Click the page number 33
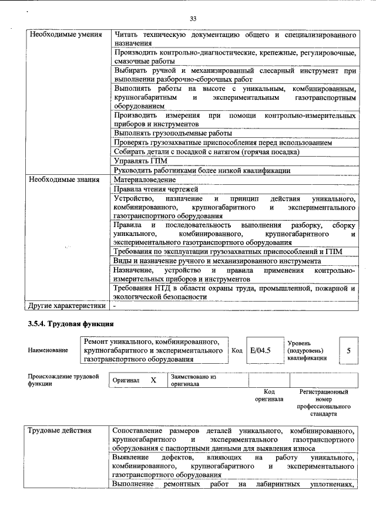(193, 19)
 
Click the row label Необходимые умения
(59, 35)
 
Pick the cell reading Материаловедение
(145, 180)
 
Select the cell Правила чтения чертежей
(155, 190)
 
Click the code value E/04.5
(260, 350)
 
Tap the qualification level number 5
(348, 350)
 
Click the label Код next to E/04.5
(237, 350)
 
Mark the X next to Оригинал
(153, 380)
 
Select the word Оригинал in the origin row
(126, 381)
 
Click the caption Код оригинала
(269, 395)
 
